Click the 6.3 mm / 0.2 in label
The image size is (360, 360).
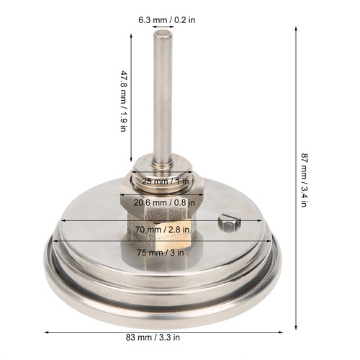(166, 19)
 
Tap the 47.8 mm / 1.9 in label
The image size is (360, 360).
(123, 101)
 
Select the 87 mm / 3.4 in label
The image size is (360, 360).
(304, 180)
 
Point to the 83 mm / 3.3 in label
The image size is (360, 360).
(153, 338)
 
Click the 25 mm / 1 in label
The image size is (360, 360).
(166, 181)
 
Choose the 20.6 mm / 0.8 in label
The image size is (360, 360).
(164, 203)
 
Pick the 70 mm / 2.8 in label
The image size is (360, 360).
(162, 230)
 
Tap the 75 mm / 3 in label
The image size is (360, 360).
(161, 253)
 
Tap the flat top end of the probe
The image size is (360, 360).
(163, 34)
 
